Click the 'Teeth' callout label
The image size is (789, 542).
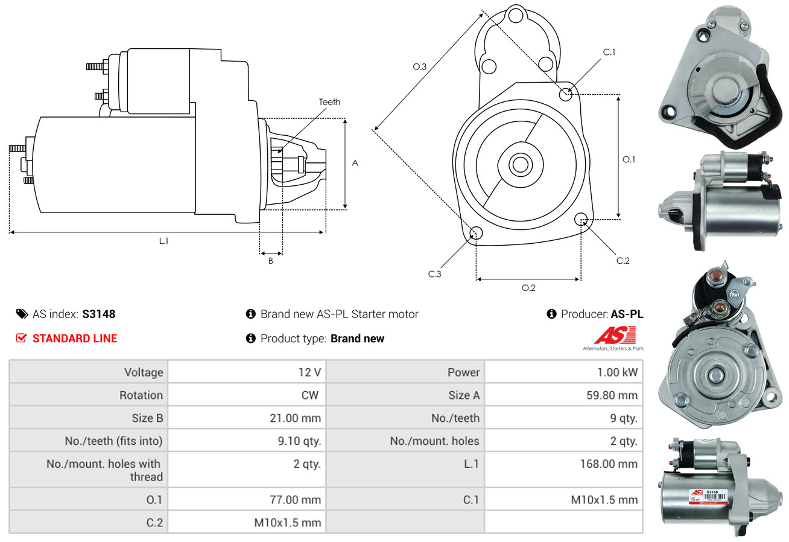tap(329, 102)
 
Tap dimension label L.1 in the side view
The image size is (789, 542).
tap(163, 241)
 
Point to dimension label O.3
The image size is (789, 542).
tap(420, 67)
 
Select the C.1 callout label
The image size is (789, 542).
tap(609, 52)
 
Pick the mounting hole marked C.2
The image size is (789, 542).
tap(581, 218)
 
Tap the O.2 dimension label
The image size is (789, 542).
tap(528, 288)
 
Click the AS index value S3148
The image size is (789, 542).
tap(98, 314)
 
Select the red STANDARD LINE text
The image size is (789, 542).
tap(75, 339)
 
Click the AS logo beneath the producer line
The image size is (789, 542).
tap(615, 336)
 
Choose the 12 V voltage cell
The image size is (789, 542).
tap(309, 372)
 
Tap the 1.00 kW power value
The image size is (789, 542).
tap(617, 372)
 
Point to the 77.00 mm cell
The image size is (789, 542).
tap(296, 500)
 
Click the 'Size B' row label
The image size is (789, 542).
tap(147, 418)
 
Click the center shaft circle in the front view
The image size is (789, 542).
tap(518, 164)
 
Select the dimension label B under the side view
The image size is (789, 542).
tap(271, 261)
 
